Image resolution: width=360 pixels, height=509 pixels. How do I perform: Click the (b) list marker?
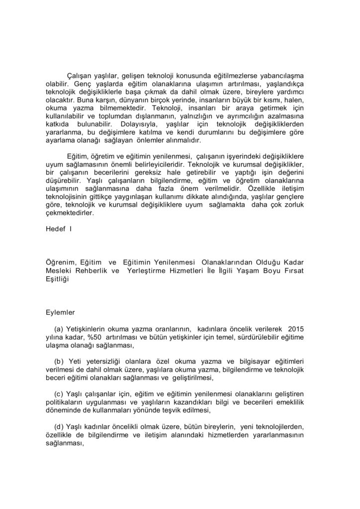59,361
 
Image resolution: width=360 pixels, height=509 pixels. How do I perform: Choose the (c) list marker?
59,394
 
